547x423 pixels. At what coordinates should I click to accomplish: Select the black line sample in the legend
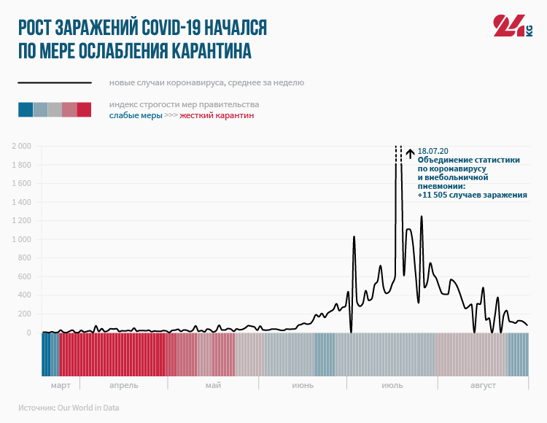pyautogui.click(x=55, y=83)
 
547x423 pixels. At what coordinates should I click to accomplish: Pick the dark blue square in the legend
pyautogui.click(x=26, y=110)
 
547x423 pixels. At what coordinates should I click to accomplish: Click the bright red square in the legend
pyautogui.click(x=84, y=110)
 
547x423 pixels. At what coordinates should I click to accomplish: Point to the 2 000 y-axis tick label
pyautogui.click(x=20, y=147)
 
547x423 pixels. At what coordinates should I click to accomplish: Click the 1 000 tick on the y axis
pyautogui.click(x=20, y=240)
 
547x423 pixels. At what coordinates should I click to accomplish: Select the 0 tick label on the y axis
pyautogui.click(x=28, y=333)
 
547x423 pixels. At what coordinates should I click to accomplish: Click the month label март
pyautogui.click(x=61, y=385)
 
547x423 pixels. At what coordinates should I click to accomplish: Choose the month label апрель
pyautogui.click(x=123, y=385)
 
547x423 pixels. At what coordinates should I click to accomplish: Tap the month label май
pyautogui.click(x=213, y=385)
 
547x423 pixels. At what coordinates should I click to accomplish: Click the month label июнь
pyautogui.click(x=303, y=385)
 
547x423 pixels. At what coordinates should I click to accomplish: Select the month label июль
pyautogui.click(x=392, y=385)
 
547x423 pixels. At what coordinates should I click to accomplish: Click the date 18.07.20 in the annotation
pyautogui.click(x=433, y=150)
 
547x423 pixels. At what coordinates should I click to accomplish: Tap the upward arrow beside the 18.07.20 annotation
pyautogui.click(x=410, y=153)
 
